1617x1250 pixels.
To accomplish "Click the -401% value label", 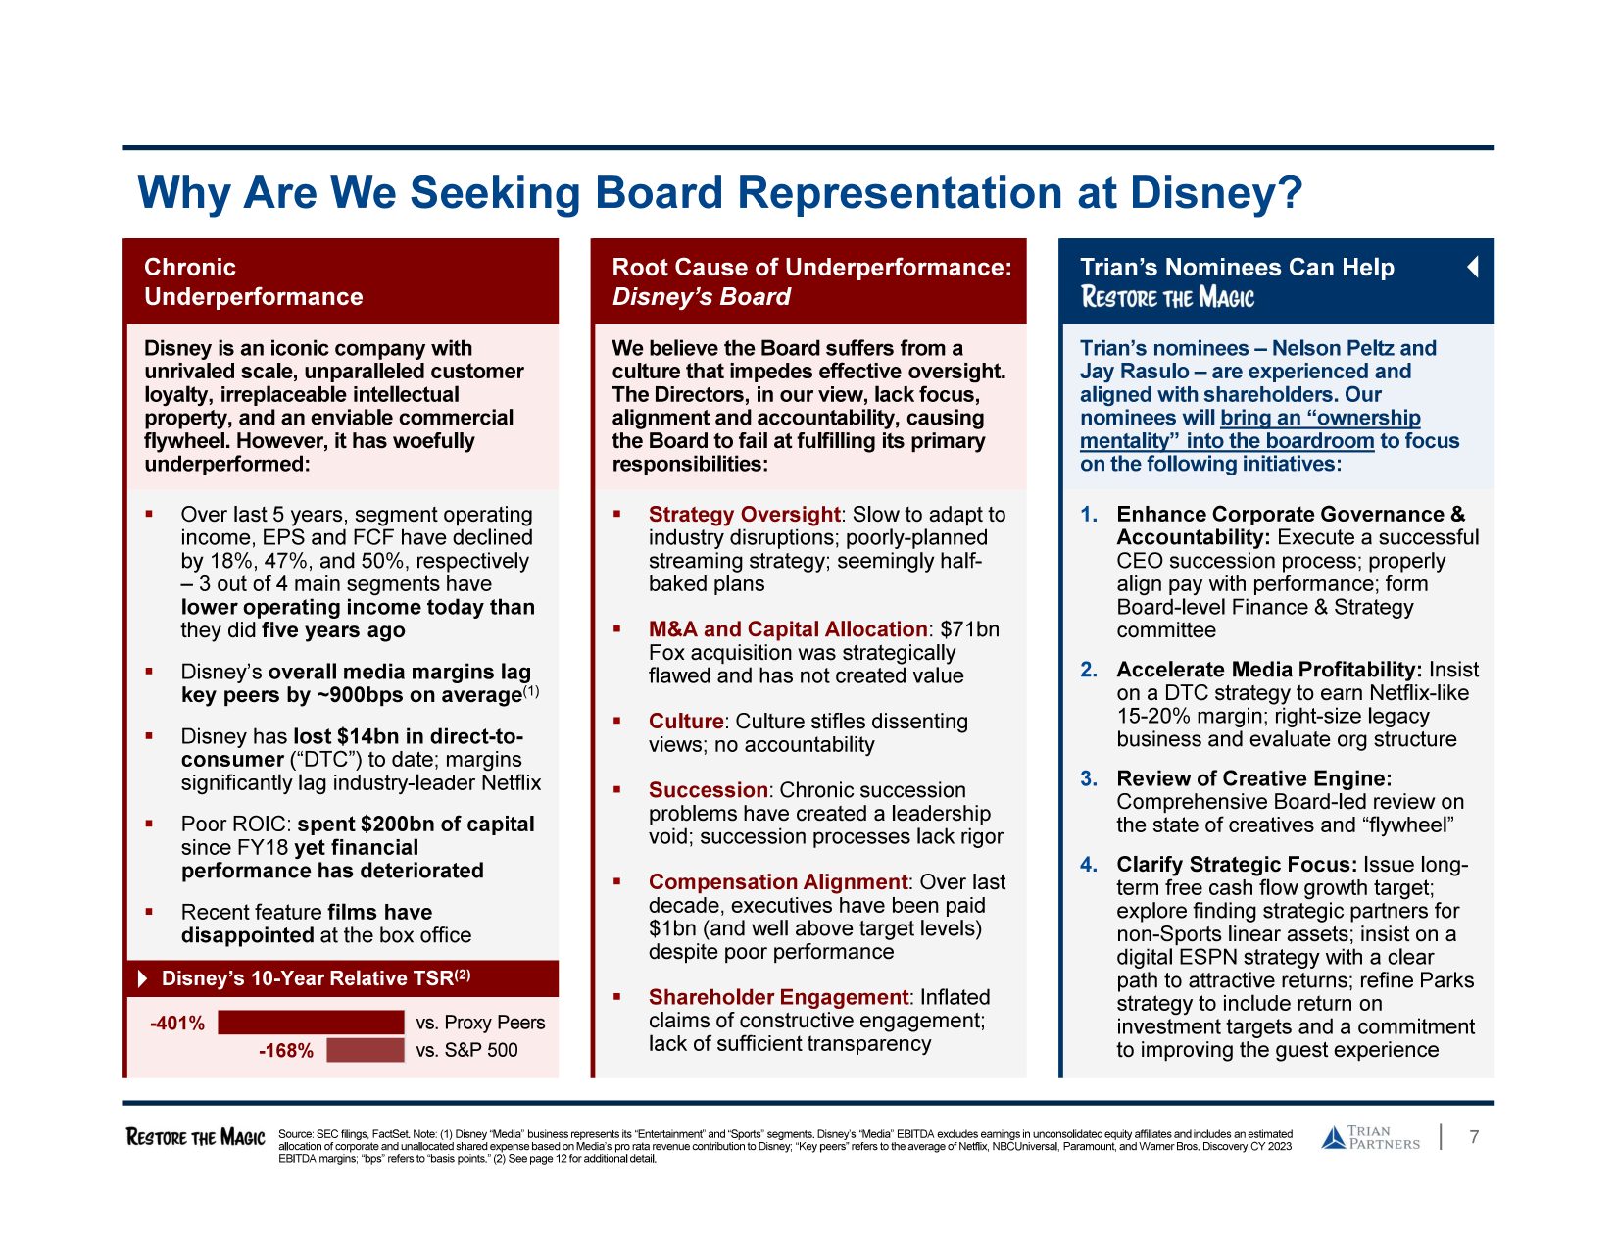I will [177, 1024].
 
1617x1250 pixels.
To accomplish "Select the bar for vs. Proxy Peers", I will [311, 1023].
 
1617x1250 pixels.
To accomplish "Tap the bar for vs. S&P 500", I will [365, 1050].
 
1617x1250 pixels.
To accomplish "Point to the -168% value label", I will [286, 1051].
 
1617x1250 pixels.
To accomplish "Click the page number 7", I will [1474, 1137].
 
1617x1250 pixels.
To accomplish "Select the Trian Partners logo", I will [1370, 1137].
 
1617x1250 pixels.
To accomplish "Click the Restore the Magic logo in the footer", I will [196, 1137].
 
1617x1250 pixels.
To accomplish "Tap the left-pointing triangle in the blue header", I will [1472, 267].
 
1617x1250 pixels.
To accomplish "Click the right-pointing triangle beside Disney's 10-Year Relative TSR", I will [143, 978].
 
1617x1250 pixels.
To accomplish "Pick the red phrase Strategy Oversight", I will [744, 515].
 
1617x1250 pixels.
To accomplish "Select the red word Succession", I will [708, 790].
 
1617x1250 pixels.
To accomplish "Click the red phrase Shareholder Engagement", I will [778, 997].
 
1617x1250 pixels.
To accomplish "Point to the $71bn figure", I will [969, 629].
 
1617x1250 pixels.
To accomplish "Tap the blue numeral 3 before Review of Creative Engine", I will [1088, 778].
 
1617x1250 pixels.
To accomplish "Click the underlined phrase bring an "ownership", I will [1320, 418].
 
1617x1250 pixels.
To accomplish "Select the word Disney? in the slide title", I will [1216, 192].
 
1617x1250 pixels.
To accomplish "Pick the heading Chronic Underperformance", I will [253, 281].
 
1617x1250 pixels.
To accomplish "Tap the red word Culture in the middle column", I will [685, 722].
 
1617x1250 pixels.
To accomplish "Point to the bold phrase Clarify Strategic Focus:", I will [1237, 865].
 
